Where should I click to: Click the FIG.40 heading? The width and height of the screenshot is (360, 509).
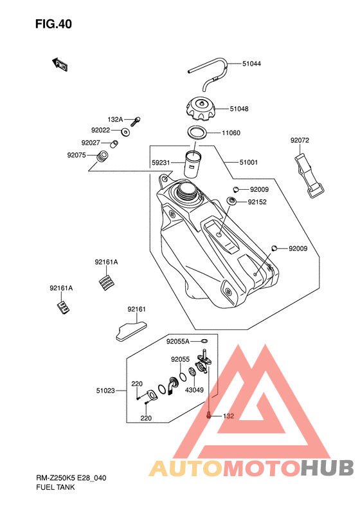53,24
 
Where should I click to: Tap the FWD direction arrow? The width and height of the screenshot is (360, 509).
60,64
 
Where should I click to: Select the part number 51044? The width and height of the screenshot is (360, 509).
251,64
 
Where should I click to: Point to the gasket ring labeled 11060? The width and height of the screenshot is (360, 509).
197,133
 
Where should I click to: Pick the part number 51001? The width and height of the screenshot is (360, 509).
248,162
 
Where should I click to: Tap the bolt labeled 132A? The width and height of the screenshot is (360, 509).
136,122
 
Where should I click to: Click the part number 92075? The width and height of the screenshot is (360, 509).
76,155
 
